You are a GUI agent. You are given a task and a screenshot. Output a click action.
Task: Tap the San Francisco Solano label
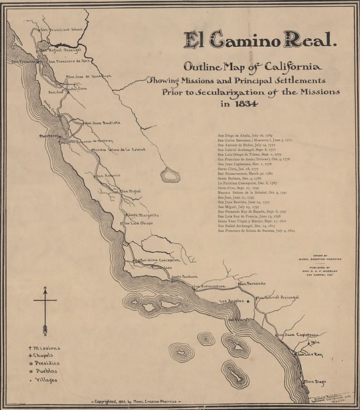(x=63, y=29)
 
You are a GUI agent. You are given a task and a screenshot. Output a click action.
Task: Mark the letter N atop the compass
(x=44, y=290)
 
